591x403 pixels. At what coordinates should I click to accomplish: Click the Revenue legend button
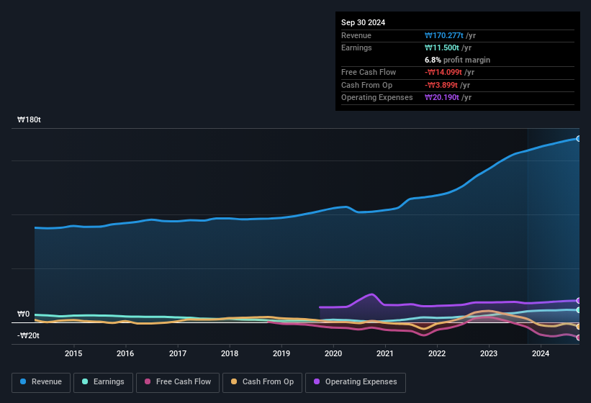click(40, 382)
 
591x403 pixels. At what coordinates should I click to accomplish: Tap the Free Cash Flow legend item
click(178, 382)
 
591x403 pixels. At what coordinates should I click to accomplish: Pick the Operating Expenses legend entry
click(356, 382)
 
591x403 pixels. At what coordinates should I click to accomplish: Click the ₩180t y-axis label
click(30, 120)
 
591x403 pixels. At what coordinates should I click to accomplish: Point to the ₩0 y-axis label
click(24, 314)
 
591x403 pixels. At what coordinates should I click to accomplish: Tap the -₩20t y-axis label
click(30, 335)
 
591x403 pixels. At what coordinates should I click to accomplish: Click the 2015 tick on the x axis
click(73, 353)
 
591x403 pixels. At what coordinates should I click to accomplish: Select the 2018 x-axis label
click(230, 353)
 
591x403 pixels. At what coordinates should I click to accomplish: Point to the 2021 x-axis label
click(385, 353)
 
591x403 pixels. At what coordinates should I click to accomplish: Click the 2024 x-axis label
click(541, 353)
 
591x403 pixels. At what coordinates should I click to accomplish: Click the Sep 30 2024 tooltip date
click(364, 22)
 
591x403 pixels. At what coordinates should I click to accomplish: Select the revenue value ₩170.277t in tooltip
click(450, 35)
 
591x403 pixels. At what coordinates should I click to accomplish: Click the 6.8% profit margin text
click(458, 60)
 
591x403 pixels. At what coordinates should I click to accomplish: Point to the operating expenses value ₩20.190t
click(448, 97)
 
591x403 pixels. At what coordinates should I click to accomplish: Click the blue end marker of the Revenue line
click(578, 138)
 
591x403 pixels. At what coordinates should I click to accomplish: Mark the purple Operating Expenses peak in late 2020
click(371, 294)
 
